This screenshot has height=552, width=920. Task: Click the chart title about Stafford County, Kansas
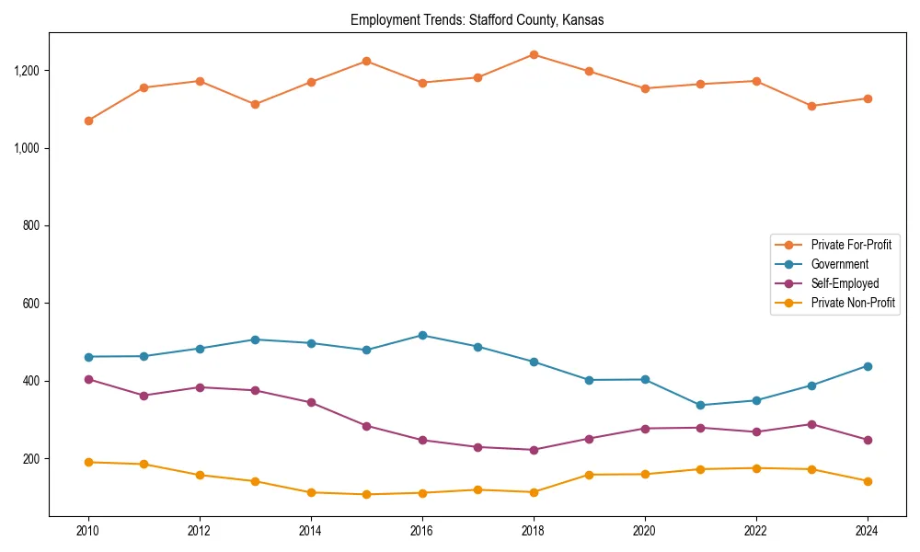pyautogui.click(x=477, y=20)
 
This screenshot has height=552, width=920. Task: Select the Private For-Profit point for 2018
pyautogui.click(x=534, y=54)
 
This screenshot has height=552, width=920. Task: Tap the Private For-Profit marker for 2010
pyautogui.click(x=88, y=121)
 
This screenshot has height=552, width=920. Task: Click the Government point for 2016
pyautogui.click(x=422, y=335)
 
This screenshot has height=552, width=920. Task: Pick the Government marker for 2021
pyautogui.click(x=700, y=405)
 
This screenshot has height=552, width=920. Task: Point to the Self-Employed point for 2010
pyautogui.click(x=88, y=379)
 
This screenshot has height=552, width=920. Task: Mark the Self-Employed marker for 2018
pyautogui.click(x=534, y=450)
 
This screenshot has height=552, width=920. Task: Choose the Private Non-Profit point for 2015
pyautogui.click(x=366, y=494)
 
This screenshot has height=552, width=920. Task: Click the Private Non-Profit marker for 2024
pyautogui.click(x=868, y=481)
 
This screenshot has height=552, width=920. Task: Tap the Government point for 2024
pyautogui.click(x=868, y=366)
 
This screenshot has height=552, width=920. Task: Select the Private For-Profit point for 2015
pyautogui.click(x=366, y=61)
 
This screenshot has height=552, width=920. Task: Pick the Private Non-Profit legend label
pyautogui.click(x=853, y=303)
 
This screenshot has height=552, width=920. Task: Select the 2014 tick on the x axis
pyautogui.click(x=311, y=531)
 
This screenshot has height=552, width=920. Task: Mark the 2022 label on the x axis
pyautogui.click(x=756, y=531)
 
